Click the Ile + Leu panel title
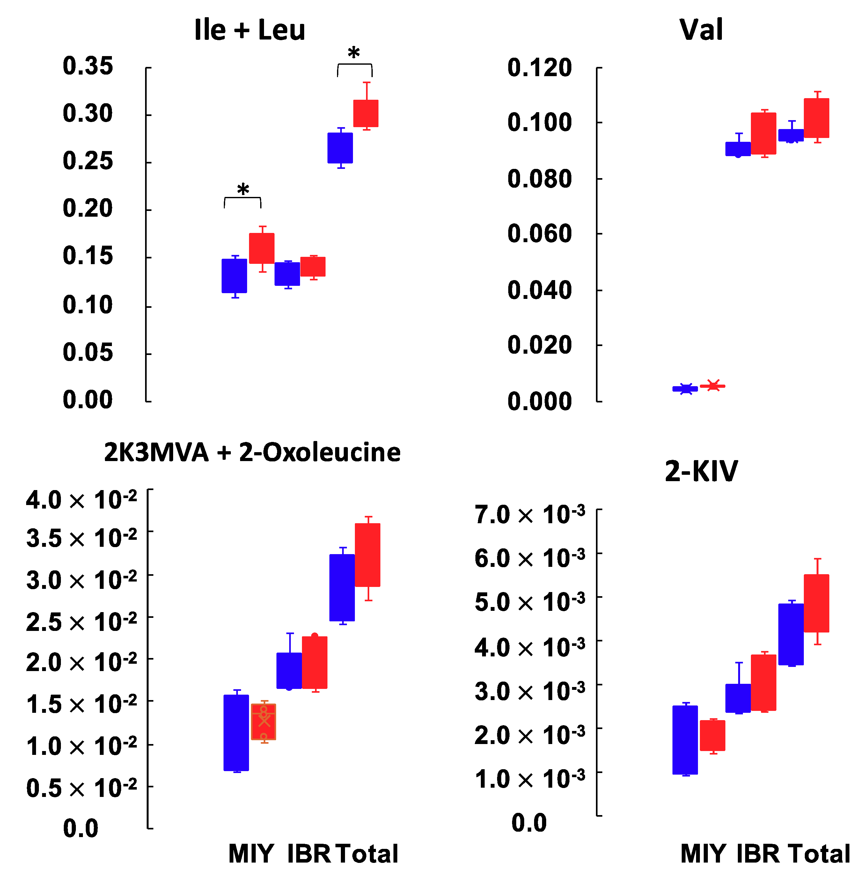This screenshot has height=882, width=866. pos(249,30)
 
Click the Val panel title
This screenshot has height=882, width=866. pos(701,30)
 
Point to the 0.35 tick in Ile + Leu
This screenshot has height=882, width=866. pos(87,66)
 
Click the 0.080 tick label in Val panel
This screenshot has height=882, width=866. pos(539,179)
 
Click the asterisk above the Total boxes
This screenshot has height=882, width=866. pos(354,54)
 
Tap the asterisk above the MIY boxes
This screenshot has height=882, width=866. pos(243,190)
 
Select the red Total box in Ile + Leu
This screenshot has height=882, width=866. pos(366,113)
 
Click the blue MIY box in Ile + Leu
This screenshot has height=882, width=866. pos(234,276)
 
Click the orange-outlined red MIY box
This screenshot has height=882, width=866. pos(263,721)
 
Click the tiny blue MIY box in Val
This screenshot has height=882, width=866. pos(685,389)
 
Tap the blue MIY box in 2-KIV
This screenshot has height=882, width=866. pos(685,740)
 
